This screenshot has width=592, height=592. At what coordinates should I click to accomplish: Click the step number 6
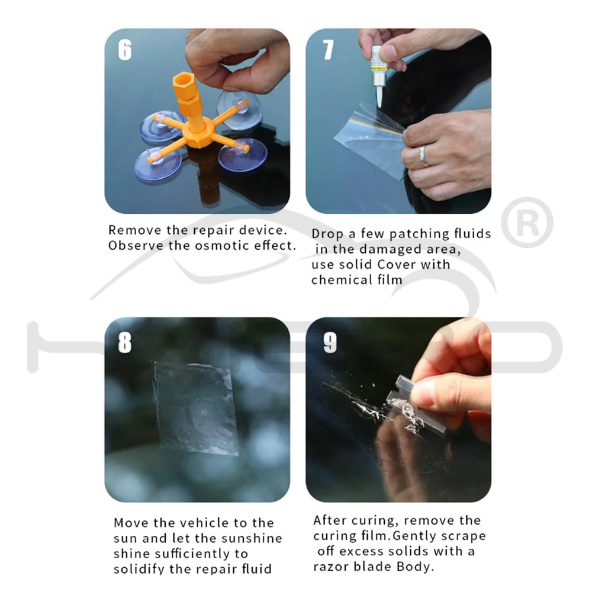click(x=125, y=50)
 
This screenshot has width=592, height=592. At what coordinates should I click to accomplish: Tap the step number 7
click(x=328, y=50)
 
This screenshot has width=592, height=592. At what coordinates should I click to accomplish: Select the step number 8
click(x=125, y=343)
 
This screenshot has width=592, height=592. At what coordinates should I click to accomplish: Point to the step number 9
click(x=330, y=343)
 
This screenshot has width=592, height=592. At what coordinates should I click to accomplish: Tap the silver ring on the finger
click(x=423, y=156)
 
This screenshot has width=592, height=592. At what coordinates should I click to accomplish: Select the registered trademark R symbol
click(x=527, y=223)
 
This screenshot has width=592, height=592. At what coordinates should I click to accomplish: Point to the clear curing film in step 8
click(x=195, y=408)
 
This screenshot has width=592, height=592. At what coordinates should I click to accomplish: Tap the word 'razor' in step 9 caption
click(x=331, y=567)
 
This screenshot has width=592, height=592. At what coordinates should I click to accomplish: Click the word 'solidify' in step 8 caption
click(x=139, y=570)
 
